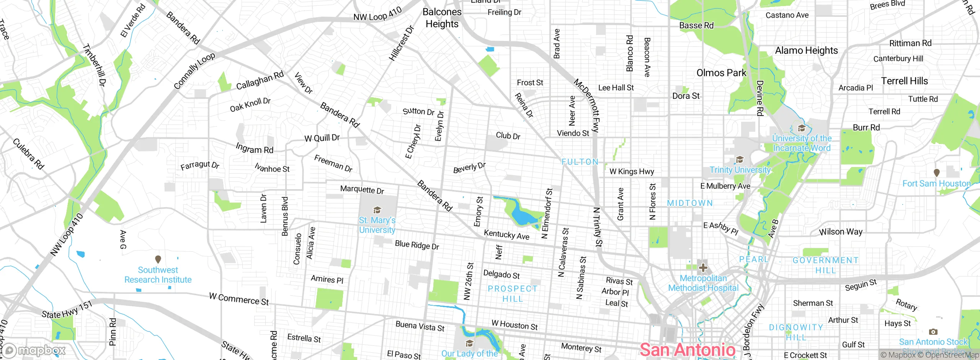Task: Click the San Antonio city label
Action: [x=687, y=350]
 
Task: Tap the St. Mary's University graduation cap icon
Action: [x=377, y=210]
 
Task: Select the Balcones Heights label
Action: [x=442, y=18]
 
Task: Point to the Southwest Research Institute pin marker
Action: [x=158, y=259]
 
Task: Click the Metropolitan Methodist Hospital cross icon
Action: [x=703, y=268]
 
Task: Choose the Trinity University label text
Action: [x=740, y=170]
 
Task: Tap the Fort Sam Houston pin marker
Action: [x=936, y=173]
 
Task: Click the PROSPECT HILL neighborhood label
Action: [x=513, y=294]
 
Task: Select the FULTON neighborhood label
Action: [x=580, y=162]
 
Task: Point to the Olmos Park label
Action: [x=721, y=73]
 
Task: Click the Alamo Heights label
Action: [x=806, y=51]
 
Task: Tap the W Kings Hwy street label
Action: [x=632, y=172]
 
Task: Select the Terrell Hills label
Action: [x=904, y=81]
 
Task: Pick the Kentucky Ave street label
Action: [x=506, y=234]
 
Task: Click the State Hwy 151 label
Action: [x=67, y=310]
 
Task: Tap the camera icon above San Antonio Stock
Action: [x=933, y=332]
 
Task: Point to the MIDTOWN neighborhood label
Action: [x=690, y=203]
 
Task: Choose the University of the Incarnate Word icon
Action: [x=801, y=128]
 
